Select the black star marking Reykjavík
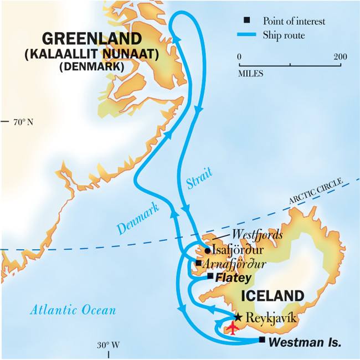click(x=238, y=317)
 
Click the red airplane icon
click(x=233, y=328)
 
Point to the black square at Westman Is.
click(x=262, y=340)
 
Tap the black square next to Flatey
click(x=210, y=276)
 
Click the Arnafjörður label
click(x=235, y=264)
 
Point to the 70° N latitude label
click(x=23, y=121)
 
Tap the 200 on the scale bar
click(x=340, y=57)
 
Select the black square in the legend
click(x=248, y=21)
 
